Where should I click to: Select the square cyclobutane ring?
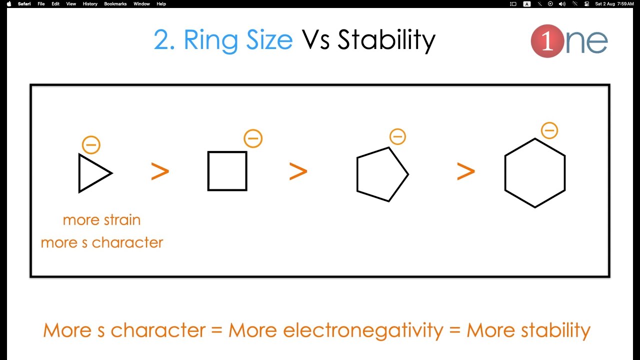coord(227,171)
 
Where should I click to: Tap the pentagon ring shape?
coord(381,174)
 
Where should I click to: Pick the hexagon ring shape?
coord(535,173)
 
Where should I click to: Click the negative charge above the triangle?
coord(91,145)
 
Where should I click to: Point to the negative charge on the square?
coord(253,138)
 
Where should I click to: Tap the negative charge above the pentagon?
coord(397,136)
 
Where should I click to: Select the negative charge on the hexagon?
coord(549,130)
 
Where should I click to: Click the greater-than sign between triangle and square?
coord(160,171)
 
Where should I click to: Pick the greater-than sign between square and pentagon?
coord(298,171)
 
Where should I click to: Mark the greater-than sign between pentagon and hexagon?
coord(465,171)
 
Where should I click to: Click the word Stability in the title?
coord(386,40)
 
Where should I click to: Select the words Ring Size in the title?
coord(238,40)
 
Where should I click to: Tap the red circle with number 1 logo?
coord(547,41)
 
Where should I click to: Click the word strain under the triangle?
coord(122,220)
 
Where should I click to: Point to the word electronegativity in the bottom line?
coord(363,330)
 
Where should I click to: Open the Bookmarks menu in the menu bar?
coord(115,4)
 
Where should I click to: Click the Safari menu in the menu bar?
coord(24,4)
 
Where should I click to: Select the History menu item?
coord(90,4)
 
